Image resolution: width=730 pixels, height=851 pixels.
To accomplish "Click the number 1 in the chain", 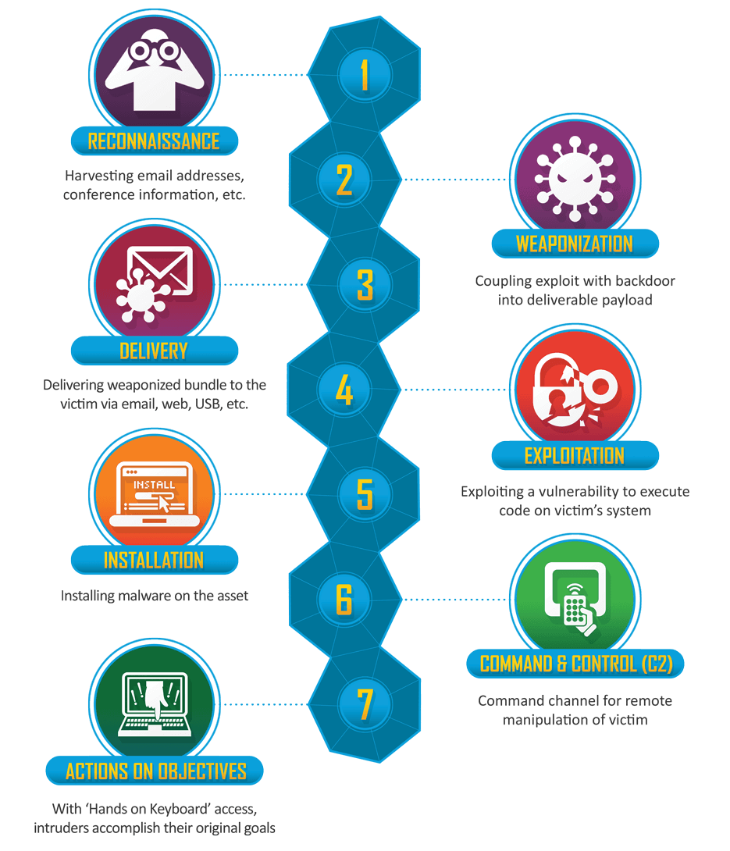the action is (364, 74).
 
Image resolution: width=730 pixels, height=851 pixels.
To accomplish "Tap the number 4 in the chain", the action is (344, 390).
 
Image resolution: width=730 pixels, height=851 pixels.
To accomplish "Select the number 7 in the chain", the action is (365, 704).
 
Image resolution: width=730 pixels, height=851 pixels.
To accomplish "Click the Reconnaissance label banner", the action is (154, 141).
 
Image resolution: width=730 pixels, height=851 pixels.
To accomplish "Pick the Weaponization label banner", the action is (575, 244).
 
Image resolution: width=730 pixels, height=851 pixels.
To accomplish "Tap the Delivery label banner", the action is (154, 351).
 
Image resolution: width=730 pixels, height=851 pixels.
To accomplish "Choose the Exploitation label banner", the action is (575, 455).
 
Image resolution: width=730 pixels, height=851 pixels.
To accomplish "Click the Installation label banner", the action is (154, 560).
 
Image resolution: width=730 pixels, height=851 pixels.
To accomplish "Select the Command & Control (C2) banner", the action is (575, 663).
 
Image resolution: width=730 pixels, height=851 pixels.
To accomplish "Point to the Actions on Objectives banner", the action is (155, 771).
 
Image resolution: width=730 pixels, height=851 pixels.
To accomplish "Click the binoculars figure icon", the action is (154, 69).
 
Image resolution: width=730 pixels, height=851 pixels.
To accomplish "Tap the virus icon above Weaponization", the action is (575, 179).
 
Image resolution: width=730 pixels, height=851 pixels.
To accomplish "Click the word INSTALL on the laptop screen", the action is (154, 485).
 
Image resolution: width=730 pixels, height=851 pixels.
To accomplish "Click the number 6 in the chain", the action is (344, 599).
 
